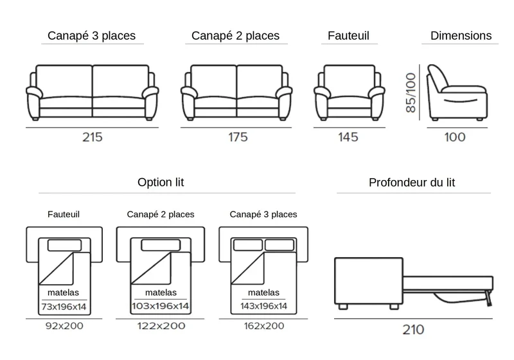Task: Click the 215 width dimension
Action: [93, 137]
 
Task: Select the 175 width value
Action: [238, 137]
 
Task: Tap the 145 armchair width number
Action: [348, 137]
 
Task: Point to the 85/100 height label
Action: [411, 93]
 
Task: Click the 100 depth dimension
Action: [455, 137]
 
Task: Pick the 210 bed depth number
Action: [413, 330]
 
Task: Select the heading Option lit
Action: [161, 182]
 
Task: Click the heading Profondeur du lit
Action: [412, 183]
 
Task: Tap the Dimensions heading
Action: [461, 35]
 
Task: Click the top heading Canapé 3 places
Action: [91, 35]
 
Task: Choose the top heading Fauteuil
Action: [348, 35]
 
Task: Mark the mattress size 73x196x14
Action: [64, 307]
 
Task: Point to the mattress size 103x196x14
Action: [161, 306]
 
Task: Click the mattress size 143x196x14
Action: [263, 306]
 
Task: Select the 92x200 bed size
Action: [64, 326]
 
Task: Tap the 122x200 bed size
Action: [161, 326]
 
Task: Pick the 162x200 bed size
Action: [264, 326]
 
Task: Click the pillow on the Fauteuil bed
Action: [65, 245]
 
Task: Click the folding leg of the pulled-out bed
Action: [489, 298]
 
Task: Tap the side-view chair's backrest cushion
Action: [438, 78]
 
